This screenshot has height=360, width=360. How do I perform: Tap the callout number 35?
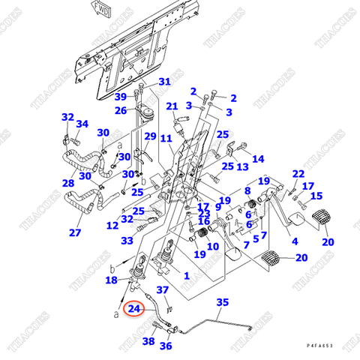(x=222, y=302)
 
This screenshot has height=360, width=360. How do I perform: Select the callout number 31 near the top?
(x=164, y=82)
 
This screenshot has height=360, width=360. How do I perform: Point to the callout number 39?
(x=120, y=97)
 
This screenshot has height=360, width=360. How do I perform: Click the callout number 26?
(x=121, y=111)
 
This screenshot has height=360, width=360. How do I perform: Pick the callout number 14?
(x=258, y=159)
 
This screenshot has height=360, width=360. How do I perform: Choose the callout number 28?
(x=68, y=183)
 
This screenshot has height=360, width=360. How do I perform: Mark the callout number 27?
(x=75, y=232)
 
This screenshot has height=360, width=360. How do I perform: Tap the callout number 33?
(x=127, y=241)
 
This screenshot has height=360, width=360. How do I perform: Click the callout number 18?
(x=111, y=280)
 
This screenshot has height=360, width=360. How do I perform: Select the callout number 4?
(x=294, y=241)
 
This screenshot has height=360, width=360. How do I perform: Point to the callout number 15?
(x=316, y=196)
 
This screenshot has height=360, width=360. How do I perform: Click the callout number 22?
(x=298, y=174)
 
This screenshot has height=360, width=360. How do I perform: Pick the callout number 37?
(x=162, y=290)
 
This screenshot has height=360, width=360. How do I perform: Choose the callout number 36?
(x=166, y=346)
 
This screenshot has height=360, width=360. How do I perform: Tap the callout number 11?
(x=166, y=139)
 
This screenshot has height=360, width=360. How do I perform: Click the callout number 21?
(x=172, y=106)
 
